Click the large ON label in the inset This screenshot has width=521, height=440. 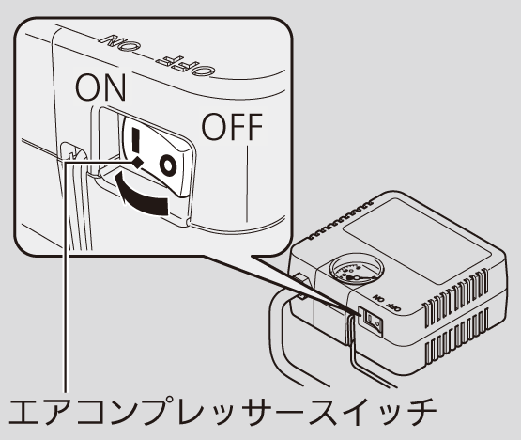point(100,87)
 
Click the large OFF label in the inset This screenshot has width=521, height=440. point(232,127)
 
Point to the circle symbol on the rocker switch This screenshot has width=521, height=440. point(167,165)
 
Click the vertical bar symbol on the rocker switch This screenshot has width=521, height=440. point(135,140)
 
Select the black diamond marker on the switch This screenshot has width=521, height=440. point(138,163)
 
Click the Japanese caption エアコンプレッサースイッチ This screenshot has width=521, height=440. point(222,412)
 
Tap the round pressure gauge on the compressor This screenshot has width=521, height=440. point(357,268)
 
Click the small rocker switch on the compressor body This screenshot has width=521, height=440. point(372,321)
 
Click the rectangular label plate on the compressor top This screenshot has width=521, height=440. point(417,242)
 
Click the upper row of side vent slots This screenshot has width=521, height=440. point(456,297)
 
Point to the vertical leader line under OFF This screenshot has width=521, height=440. point(247,184)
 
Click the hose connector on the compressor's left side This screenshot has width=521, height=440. point(300,286)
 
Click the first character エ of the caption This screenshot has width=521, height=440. point(24,412)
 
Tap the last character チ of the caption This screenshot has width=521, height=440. point(421,412)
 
